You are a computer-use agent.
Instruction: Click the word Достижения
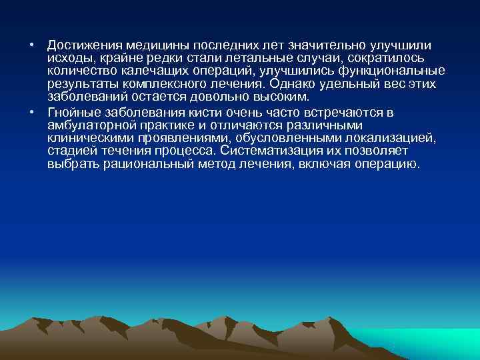[x=85, y=45]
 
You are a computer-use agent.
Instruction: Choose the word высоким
[x=273, y=97]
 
